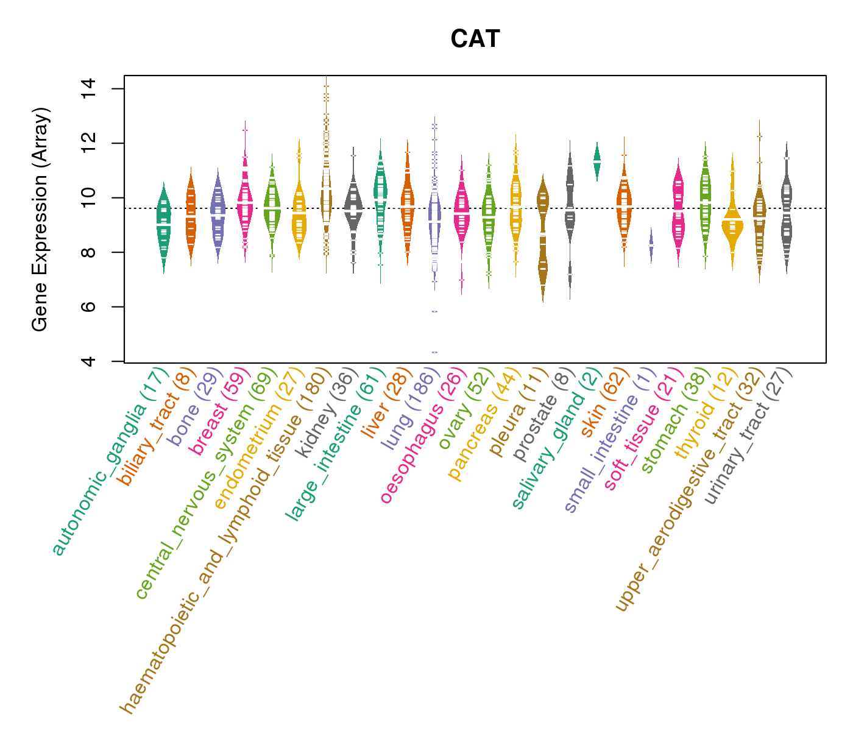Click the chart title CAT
[475, 39]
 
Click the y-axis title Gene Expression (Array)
[40, 219]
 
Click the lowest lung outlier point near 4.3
[434, 352]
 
